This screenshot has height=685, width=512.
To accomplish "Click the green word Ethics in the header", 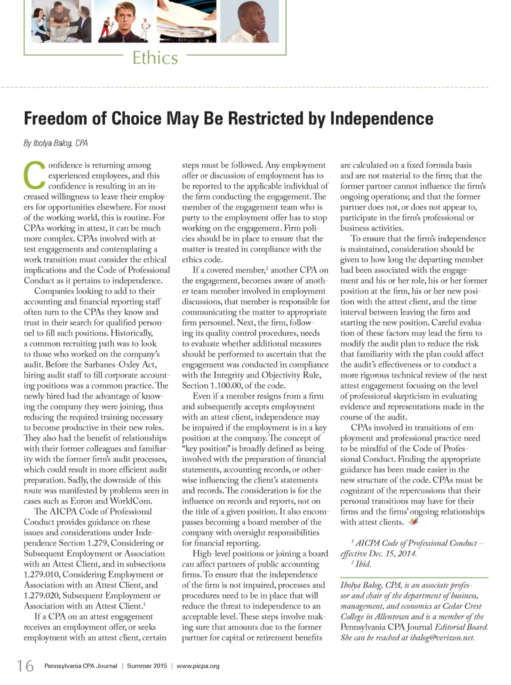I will pyautogui.click(x=155, y=58).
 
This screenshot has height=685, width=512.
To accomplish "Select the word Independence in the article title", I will pyautogui.click(x=381, y=118).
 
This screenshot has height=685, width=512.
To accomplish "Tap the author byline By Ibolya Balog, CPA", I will pyautogui.click(x=55, y=143).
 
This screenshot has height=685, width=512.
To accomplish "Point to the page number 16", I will pyautogui.click(x=25, y=666).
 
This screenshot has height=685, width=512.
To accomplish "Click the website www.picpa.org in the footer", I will pyautogui.click(x=198, y=666).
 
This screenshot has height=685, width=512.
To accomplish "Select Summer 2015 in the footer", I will pyautogui.click(x=147, y=666).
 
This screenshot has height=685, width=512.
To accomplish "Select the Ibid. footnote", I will pyautogui.click(x=363, y=564).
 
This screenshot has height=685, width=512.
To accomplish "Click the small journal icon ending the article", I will pyautogui.click(x=413, y=521).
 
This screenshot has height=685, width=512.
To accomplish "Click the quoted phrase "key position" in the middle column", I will pyautogui.click(x=204, y=448).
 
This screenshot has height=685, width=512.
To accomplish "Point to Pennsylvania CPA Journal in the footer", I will pyautogui.click(x=80, y=666).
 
